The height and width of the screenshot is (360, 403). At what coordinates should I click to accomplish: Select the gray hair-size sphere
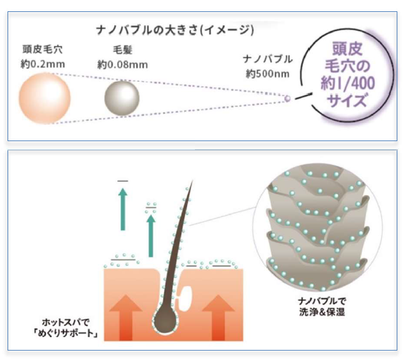click(120, 97)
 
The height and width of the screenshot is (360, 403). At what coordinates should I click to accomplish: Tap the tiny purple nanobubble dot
click(288, 97)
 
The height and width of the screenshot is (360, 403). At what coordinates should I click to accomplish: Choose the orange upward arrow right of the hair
click(220, 317)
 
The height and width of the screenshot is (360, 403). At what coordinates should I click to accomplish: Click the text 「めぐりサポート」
click(68, 332)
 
